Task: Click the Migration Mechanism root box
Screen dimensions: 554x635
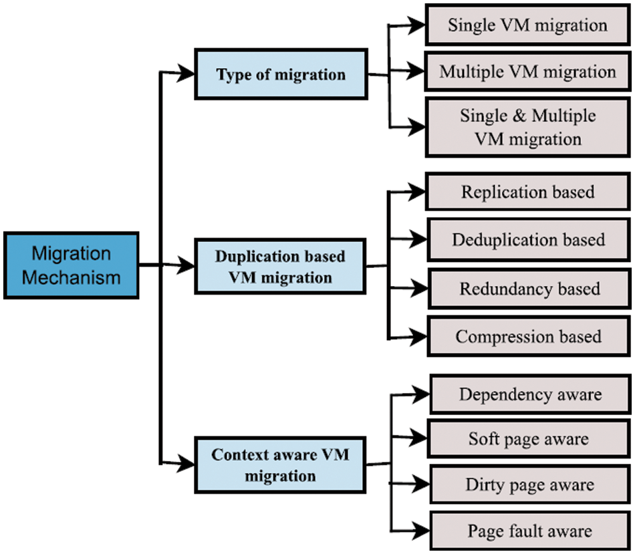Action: [72, 265]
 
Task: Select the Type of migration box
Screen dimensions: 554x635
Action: [281, 74]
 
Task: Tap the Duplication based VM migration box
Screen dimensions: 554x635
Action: [281, 267]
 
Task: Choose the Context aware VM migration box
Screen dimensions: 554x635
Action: [281, 465]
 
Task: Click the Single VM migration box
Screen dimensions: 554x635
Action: [527, 26]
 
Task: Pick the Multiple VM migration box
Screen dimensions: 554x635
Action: [527, 72]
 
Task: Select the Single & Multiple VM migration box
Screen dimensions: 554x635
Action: [527, 127]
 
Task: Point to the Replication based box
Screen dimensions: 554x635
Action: [527, 192]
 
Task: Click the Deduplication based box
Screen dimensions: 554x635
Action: [528, 239]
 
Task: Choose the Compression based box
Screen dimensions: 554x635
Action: [528, 336]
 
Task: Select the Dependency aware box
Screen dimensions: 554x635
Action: [530, 394]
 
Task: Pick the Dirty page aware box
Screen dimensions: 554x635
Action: [529, 484]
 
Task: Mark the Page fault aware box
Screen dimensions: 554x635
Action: [529, 531]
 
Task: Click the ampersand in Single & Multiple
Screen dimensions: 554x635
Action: [518, 116]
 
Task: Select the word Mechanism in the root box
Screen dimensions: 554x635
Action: [72, 276]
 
